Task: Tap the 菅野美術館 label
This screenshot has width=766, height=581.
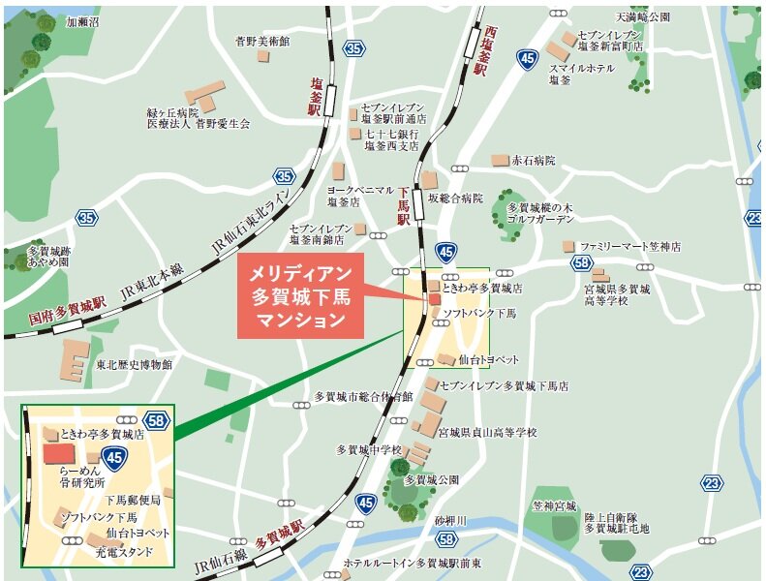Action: click(262, 41)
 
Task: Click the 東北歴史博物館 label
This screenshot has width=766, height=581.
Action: click(134, 364)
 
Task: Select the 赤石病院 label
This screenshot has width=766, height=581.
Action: click(534, 160)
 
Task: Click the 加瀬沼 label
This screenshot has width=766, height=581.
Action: click(82, 19)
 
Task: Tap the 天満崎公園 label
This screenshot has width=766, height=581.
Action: click(642, 17)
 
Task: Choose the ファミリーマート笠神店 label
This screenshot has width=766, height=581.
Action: click(630, 247)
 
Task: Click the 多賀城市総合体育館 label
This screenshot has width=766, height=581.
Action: click(363, 397)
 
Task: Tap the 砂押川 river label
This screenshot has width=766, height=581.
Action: click(450, 520)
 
